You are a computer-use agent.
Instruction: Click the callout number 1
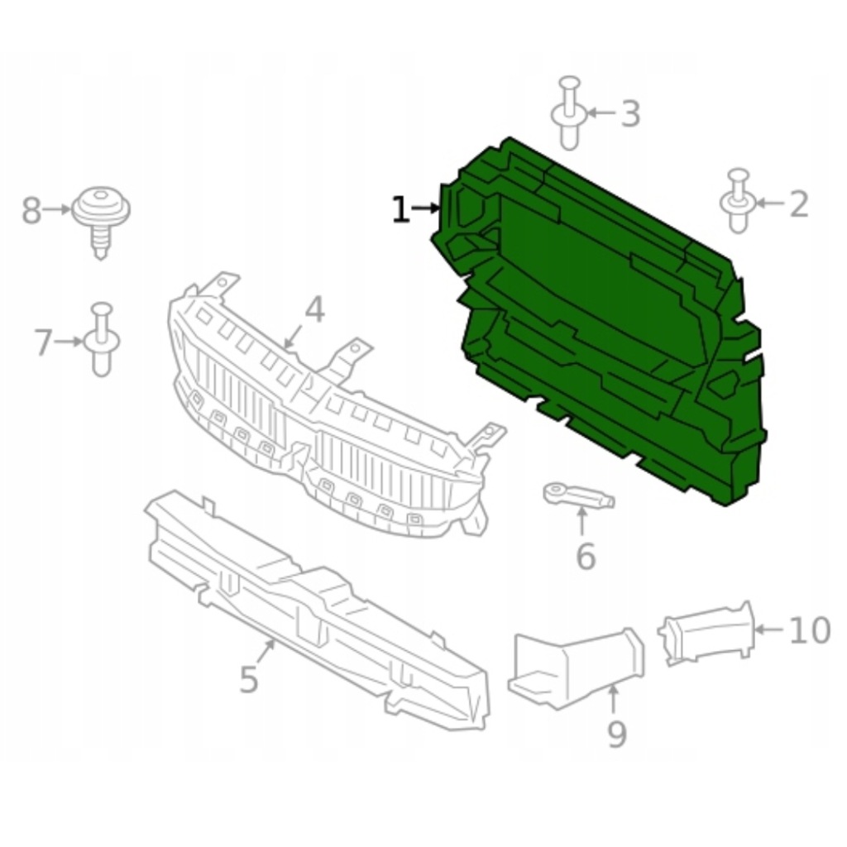coord(400,209)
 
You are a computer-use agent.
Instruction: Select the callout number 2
coord(799,204)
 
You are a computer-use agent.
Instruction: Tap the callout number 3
coord(629,114)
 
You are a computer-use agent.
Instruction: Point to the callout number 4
coord(315,310)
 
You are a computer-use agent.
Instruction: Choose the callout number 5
coord(248,680)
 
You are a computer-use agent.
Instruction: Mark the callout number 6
coord(586,557)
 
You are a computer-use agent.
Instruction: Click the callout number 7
coord(44,342)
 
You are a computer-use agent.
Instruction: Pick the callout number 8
coord(31,211)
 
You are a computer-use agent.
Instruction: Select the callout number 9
coord(617,735)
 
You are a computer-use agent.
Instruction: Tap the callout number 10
coord(809,630)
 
